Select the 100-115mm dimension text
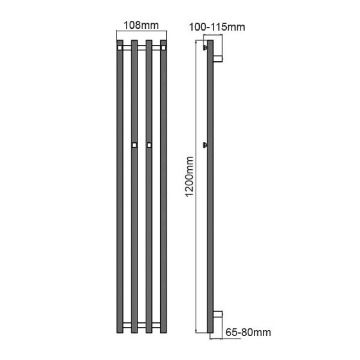click(216, 27)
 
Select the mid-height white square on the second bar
click(134, 145)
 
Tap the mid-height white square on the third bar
click(149, 145)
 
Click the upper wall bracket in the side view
click(217, 58)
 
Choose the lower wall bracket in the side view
click(217, 314)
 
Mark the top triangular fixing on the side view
click(205, 47)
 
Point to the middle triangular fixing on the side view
click(205, 145)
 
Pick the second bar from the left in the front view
click(134, 225)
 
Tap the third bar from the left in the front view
click(149, 225)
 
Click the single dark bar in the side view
click(210, 225)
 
